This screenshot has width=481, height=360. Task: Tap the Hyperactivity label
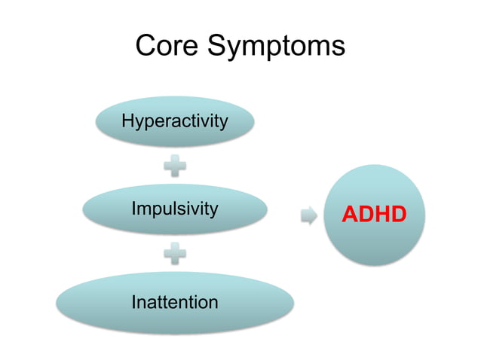click(x=175, y=121)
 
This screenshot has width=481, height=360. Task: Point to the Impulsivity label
click(x=175, y=209)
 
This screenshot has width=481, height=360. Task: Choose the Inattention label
click(x=175, y=302)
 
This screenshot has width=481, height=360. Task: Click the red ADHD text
click(x=374, y=215)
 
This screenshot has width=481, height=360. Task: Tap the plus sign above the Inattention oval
click(x=175, y=255)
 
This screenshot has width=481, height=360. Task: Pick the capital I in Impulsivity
click(x=134, y=209)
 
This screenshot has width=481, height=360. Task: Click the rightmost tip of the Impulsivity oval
click(x=268, y=209)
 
